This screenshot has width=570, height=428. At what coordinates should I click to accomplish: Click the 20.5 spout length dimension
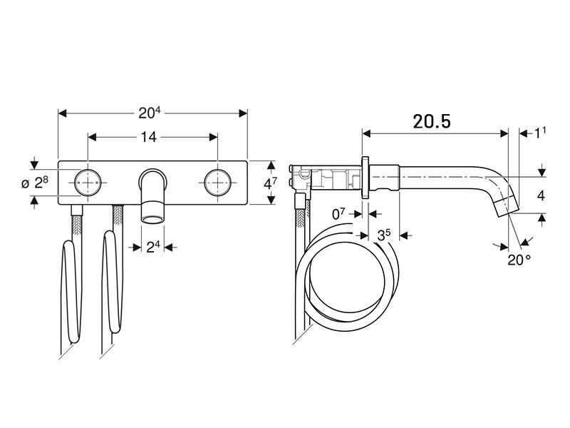pyautogui.click(x=432, y=121)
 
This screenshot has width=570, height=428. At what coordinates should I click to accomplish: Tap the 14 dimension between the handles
pyautogui.click(x=148, y=137)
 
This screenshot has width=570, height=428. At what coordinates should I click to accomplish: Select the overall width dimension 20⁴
pyautogui.click(x=149, y=113)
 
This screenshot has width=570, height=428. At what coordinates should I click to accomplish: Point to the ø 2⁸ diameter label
pyautogui.click(x=35, y=183)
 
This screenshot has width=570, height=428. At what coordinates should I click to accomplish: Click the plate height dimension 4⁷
pyautogui.click(x=270, y=183)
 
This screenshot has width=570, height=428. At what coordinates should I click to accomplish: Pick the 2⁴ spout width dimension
pyautogui.click(x=153, y=248)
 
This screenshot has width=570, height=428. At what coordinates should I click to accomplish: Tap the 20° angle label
pyautogui.click(x=519, y=260)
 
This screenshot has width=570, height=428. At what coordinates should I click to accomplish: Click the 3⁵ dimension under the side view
pyautogui.click(x=384, y=235)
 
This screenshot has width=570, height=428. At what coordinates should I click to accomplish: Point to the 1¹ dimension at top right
pyautogui.click(x=540, y=133)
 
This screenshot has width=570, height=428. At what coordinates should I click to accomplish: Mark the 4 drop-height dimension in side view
pyautogui.click(x=541, y=195)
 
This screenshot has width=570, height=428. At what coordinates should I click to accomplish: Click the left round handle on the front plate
pyautogui.click(x=88, y=183)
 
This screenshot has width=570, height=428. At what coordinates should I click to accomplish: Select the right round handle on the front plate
pyautogui.click(x=217, y=183)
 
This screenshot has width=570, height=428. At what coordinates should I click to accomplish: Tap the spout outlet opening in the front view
pyautogui.click(x=152, y=219)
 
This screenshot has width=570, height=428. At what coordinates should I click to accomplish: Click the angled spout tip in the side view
pyautogui.click(x=507, y=205)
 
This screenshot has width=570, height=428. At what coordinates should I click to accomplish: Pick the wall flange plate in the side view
pyautogui.click(x=366, y=177)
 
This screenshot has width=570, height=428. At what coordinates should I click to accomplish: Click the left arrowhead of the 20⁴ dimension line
pyautogui.click(x=63, y=113)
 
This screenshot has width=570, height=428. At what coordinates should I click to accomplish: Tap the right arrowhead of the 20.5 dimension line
pyautogui.click(x=504, y=133)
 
